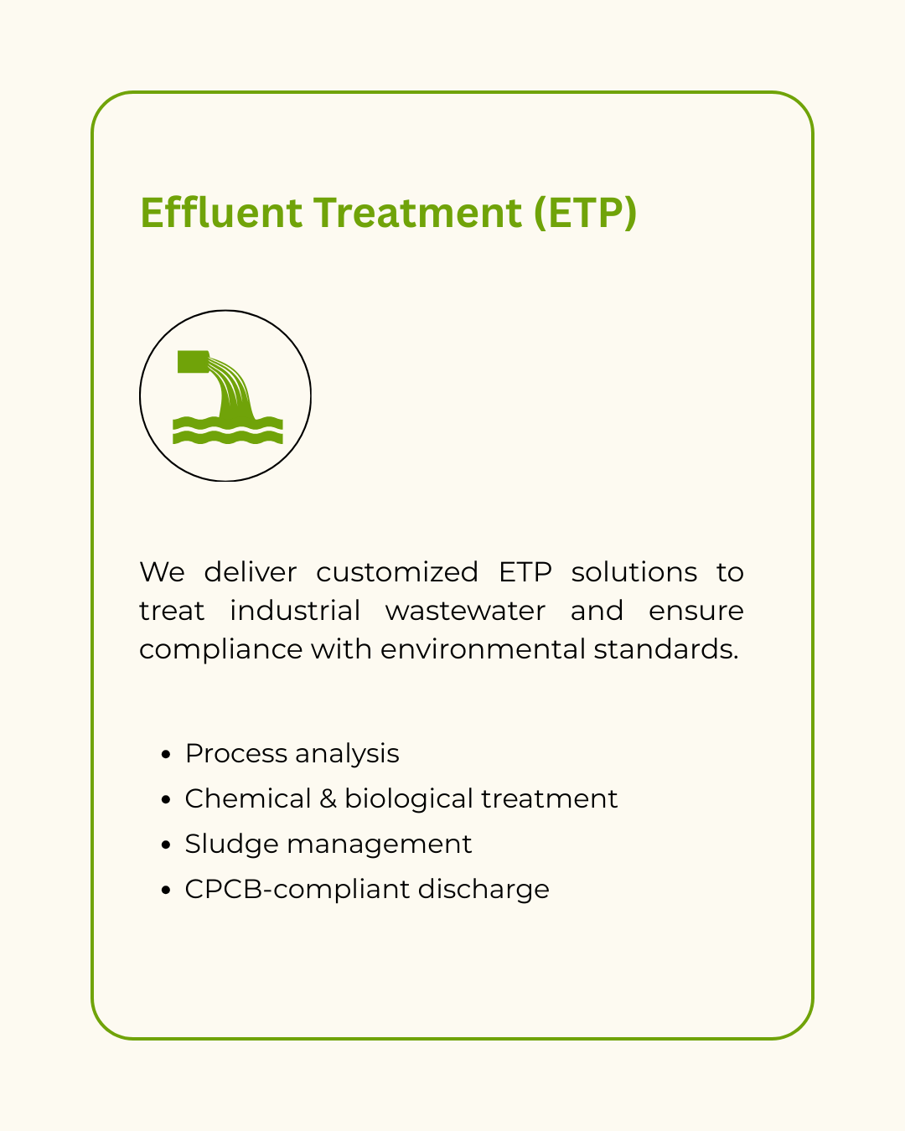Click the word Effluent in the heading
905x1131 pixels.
[x=221, y=212]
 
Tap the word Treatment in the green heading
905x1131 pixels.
[x=419, y=212]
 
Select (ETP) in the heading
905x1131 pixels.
[x=585, y=214]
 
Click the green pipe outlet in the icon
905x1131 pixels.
[x=194, y=362]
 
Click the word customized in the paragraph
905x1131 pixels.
[x=397, y=572]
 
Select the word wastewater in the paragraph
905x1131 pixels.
[x=465, y=611]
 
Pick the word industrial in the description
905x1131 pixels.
[x=295, y=610]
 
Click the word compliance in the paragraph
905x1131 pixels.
[x=221, y=649]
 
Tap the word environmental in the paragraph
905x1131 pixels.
[x=483, y=649]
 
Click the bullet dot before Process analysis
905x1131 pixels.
[x=166, y=755]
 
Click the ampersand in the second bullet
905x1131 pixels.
[x=328, y=799]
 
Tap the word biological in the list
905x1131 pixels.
[x=409, y=800]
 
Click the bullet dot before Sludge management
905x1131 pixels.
[x=166, y=845]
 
